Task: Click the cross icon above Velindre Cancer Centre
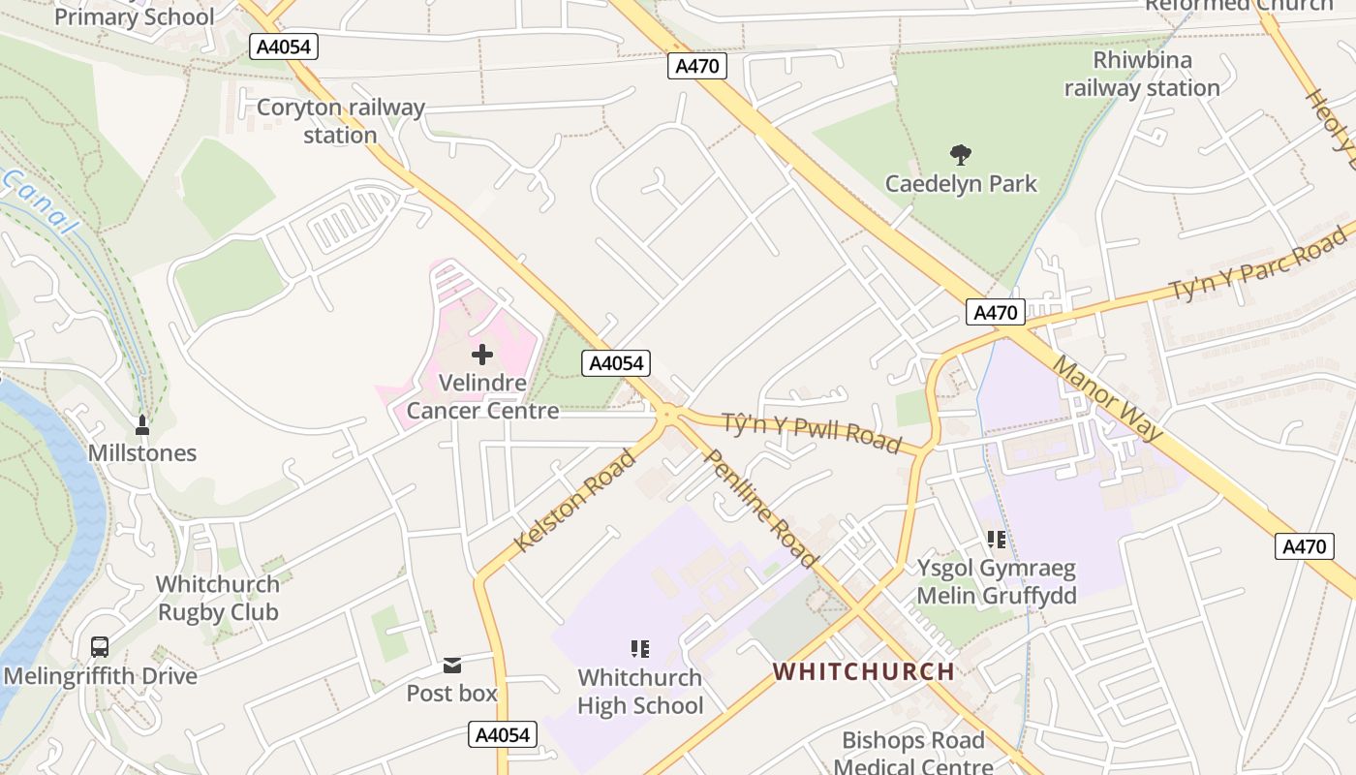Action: [481, 355]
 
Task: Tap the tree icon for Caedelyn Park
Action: [961, 154]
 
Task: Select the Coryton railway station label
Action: [340, 121]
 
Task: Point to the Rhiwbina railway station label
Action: [1142, 75]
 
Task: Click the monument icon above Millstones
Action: [142, 424]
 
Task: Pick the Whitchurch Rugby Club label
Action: [218, 599]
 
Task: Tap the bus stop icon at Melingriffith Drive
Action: [99, 647]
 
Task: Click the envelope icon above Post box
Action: [452, 666]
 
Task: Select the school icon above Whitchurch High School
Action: [639, 648]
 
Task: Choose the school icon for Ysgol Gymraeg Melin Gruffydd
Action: [996, 540]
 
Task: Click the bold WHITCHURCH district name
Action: [864, 671]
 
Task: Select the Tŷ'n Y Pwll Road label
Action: [812, 430]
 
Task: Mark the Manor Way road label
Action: [1107, 397]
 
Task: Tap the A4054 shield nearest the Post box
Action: [503, 734]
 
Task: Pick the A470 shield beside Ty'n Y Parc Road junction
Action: [995, 312]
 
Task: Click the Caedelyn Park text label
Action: [961, 184]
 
